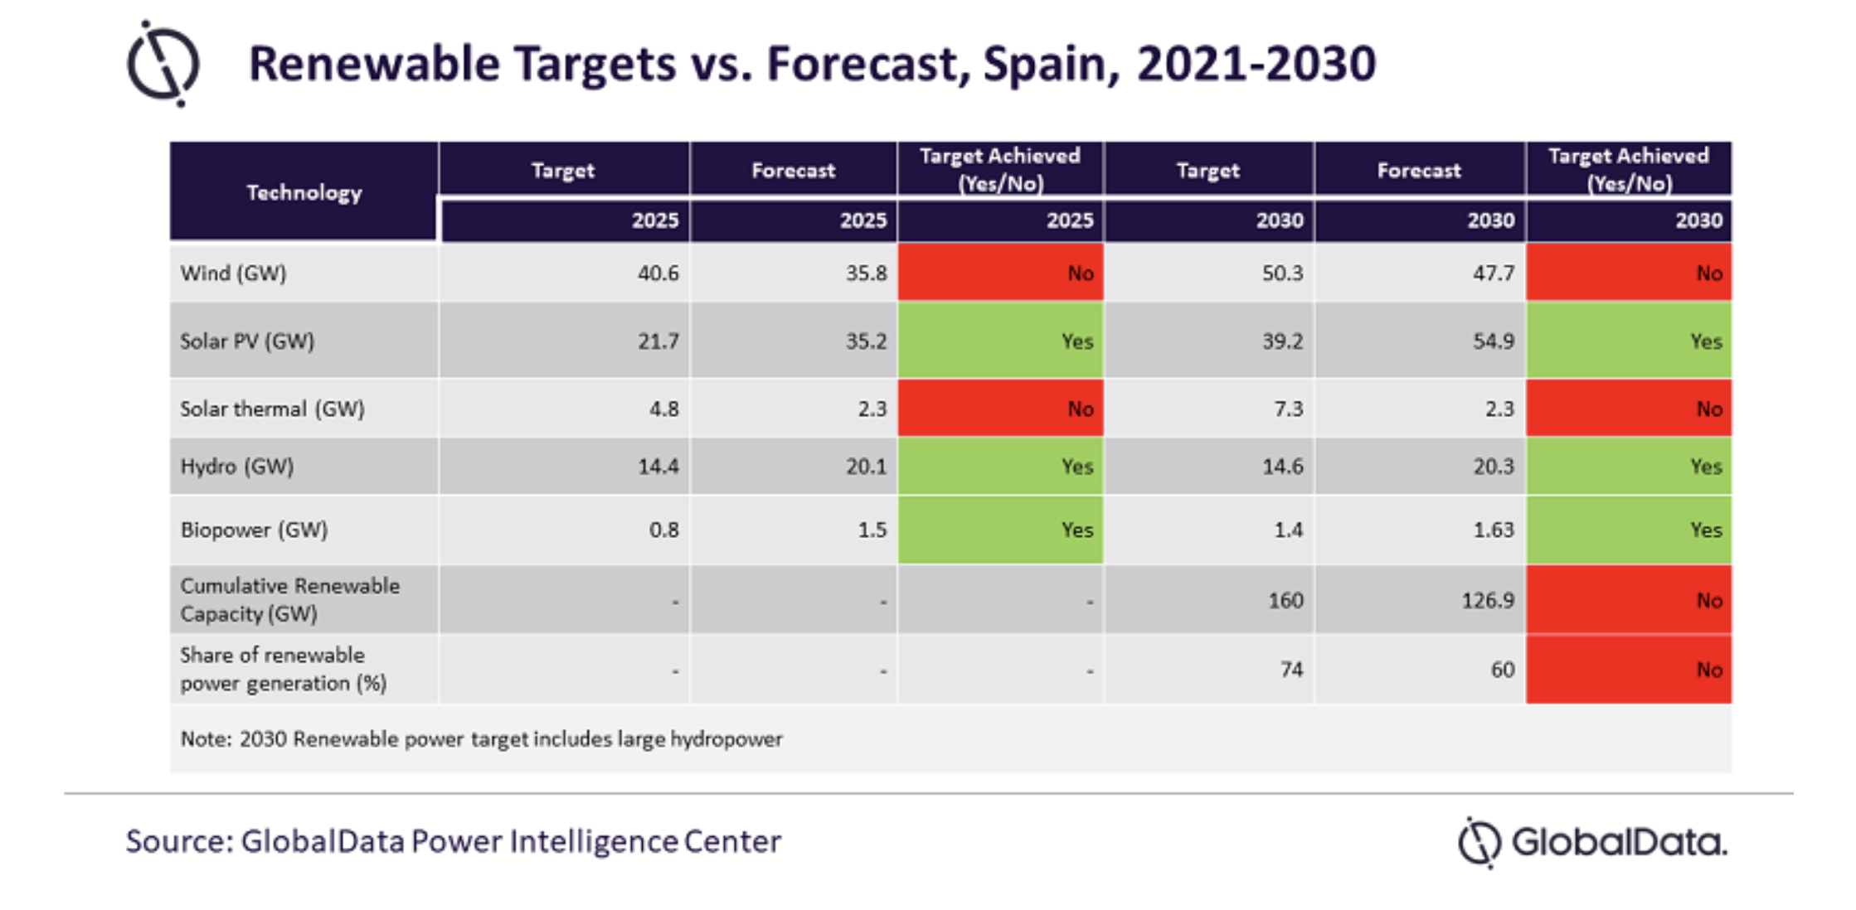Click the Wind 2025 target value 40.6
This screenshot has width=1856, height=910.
click(658, 273)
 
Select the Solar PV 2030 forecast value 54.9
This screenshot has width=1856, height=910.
click(1493, 341)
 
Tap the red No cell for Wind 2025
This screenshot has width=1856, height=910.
click(1001, 272)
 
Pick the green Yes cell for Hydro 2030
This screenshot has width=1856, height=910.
click(1629, 466)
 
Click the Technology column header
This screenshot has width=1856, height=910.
click(304, 192)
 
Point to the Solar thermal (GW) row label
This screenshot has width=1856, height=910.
click(272, 409)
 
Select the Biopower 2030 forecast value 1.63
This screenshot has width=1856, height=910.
click(1493, 530)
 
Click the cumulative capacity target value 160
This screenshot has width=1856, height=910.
click(1285, 600)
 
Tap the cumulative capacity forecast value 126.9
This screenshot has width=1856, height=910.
click(1488, 600)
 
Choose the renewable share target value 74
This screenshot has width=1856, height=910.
click(1291, 669)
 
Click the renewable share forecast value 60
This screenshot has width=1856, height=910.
click(1503, 669)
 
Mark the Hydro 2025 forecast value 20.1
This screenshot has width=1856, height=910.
click(866, 466)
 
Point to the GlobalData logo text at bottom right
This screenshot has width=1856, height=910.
click(1619, 843)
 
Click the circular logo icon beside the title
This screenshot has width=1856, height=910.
click(163, 65)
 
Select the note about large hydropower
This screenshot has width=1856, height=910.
click(481, 738)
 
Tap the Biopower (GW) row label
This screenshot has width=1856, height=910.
click(254, 530)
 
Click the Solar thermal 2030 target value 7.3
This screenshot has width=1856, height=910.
click(1288, 409)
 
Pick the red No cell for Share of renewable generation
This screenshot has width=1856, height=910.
click(1629, 669)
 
